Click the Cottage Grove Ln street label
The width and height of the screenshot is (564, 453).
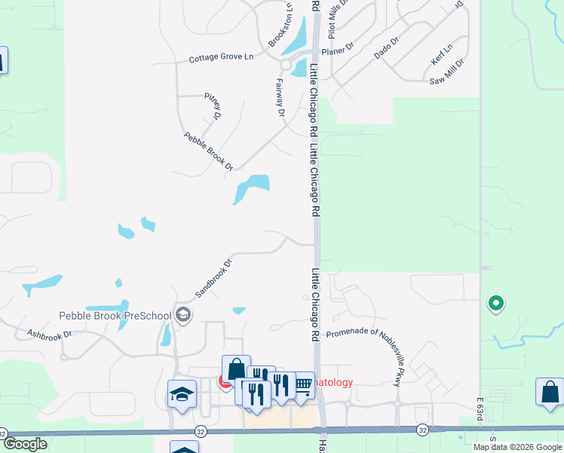221,58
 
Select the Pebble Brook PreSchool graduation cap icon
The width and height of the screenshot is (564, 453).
182,315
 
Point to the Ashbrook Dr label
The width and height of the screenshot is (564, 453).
49,333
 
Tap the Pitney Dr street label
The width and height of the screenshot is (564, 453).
213,106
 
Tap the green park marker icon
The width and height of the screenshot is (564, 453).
495,304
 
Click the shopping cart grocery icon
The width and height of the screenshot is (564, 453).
302,385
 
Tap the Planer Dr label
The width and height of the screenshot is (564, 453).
337,51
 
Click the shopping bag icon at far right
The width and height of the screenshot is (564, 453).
550,393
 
